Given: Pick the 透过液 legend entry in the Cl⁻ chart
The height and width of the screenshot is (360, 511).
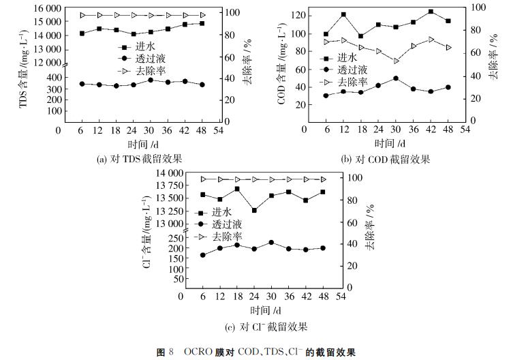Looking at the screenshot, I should pyautogui.click(x=227, y=224).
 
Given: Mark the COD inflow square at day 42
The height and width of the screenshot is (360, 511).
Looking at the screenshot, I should pyautogui.click(x=431, y=12).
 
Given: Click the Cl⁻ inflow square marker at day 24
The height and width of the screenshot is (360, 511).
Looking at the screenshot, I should pyautogui.click(x=254, y=211).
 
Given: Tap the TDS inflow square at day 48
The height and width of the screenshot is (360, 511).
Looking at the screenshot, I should pyautogui.click(x=202, y=23).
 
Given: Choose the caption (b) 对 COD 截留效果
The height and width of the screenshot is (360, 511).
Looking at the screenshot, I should pyautogui.click(x=385, y=160).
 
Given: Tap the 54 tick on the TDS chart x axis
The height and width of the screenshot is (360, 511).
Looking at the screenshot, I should pyautogui.click(x=219, y=131).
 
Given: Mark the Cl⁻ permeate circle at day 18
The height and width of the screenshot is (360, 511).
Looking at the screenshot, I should pyautogui.click(x=237, y=245).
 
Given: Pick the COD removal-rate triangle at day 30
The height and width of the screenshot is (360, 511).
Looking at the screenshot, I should pyautogui.click(x=395, y=61).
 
